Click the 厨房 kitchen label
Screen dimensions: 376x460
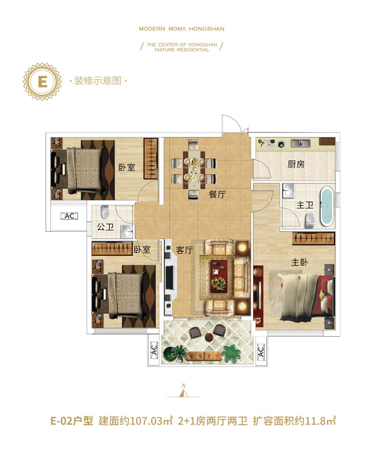(x=296, y=165)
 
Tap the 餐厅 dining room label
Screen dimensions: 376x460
(x=218, y=194)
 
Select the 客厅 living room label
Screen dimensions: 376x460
(x=184, y=250)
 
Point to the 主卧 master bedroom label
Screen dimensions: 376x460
(x=299, y=262)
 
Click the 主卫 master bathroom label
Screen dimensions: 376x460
(x=305, y=205)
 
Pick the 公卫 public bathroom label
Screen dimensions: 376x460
(x=105, y=226)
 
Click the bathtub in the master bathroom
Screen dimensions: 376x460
(x=327, y=207)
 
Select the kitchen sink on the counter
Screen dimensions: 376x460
(x=300, y=143)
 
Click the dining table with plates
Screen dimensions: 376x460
(x=194, y=170)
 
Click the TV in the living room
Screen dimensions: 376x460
(x=169, y=277)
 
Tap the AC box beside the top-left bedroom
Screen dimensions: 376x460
(x=69, y=216)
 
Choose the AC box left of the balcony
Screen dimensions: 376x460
(x=154, y=350)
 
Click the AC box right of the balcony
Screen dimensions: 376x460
(x=261, y=351)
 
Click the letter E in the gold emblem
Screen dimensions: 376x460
(x=43, y=81)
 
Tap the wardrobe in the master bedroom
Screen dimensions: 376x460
(x=313, y=238)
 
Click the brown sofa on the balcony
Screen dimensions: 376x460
(x=204, y=356)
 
